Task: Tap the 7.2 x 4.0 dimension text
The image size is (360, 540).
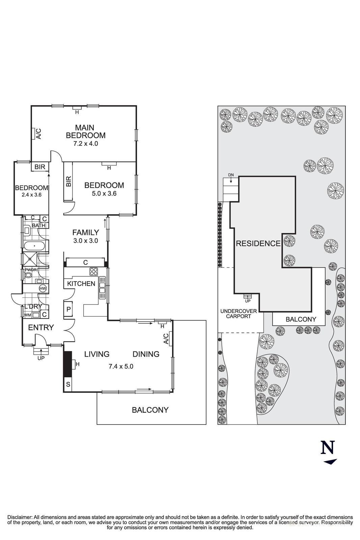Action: [x=85, y=143]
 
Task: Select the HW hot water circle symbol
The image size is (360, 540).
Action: [x=43, y=288]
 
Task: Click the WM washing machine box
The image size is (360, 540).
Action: [x=27, y=315]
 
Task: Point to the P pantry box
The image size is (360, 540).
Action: [x=68, y=309]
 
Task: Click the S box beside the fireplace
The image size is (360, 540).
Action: [x=68, y=384]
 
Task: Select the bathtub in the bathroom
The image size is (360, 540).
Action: [x=34, y=246]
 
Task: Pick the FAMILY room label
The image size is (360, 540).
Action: [x=86, y=232]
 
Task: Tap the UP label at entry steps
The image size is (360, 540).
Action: [x=41, y=358]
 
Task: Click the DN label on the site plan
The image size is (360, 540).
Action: [x=231, y=175]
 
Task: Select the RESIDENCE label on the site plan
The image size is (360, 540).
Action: [x=258, y=243]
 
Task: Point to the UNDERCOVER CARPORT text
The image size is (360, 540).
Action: [x=239, y=314]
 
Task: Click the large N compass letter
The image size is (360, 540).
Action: [x=328, y=448]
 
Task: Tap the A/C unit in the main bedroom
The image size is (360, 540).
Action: [x=34, y=134]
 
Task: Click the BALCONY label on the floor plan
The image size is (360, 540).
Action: [x=150, y=410]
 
